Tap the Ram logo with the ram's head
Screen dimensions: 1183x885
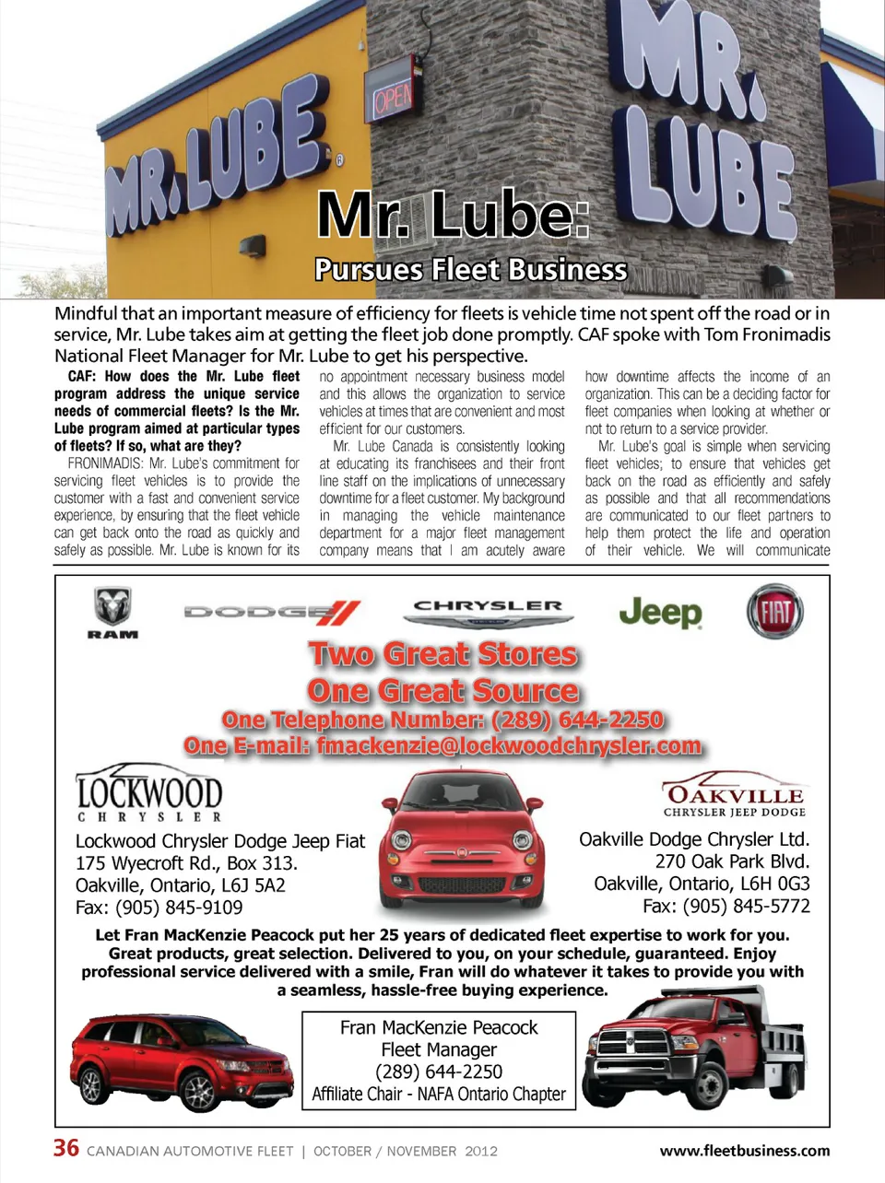(x=113, y=612)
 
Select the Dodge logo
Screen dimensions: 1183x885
(x=272, y=612)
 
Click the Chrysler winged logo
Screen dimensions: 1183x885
(x=488, y=613)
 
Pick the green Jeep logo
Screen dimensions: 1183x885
(x=660, y=612)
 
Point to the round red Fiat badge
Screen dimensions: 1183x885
(x=774, y=612)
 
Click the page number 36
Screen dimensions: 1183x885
(x=66, y=1148)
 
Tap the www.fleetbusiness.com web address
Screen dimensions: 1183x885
(x=744, y=1151)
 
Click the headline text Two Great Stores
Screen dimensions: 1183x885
(x=443, y=654)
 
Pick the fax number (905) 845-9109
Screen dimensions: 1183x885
(x=179, y=908)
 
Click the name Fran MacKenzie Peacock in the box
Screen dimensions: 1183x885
(x=439, y=1027)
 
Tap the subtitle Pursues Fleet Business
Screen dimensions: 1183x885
(x=470, y=270)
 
